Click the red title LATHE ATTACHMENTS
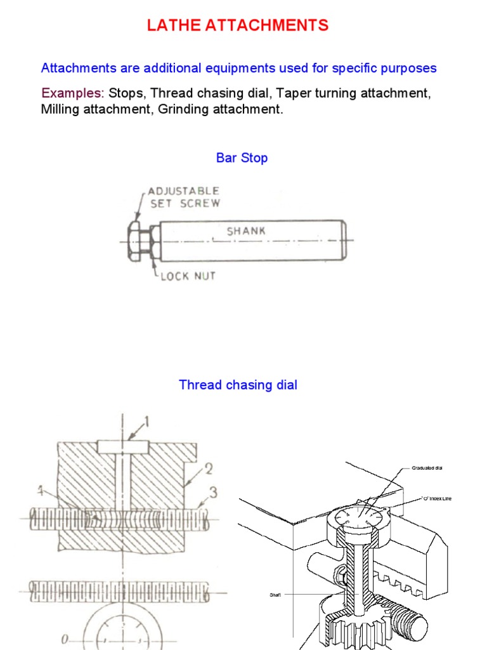[238, 26]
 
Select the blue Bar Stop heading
[242, 158]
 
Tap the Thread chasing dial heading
[238, 385]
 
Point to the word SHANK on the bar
[247, 231]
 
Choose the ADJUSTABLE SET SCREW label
[184, 197]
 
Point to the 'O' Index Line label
[438, 498]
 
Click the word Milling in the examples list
[59, 109]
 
